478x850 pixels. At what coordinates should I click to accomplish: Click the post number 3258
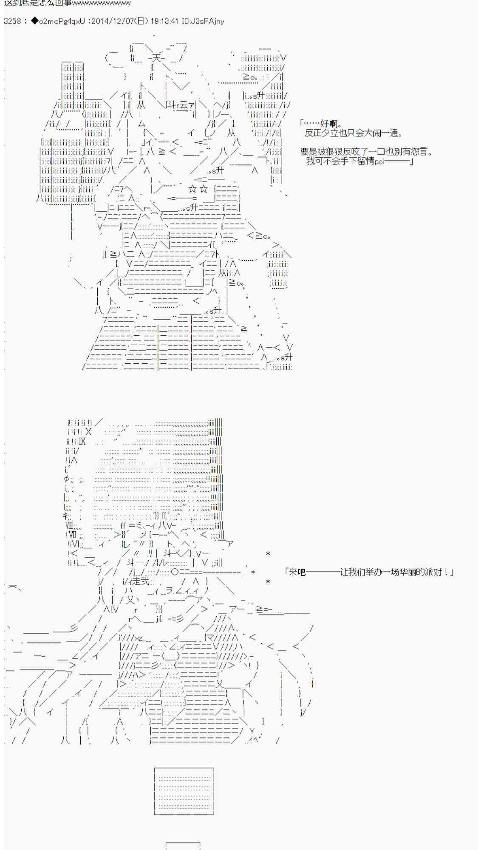click(x=12, y=21)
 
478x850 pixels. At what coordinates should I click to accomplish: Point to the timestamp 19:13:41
click(x=163, y=21)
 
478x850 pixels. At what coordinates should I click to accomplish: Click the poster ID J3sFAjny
click(x=207, y=21)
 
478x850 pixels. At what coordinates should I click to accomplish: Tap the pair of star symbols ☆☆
click(x=198, y=189)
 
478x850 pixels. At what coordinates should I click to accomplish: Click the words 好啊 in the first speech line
click(x=331, y=124)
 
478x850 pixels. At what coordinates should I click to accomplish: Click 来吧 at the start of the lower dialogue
click(x=297, y=572)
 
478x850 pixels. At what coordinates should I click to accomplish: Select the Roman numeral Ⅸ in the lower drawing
click(x=82, y=442)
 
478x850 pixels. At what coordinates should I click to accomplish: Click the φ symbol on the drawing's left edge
click(x=66, y=479)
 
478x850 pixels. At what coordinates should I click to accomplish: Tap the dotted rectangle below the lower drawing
click(x=184, y=791)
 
